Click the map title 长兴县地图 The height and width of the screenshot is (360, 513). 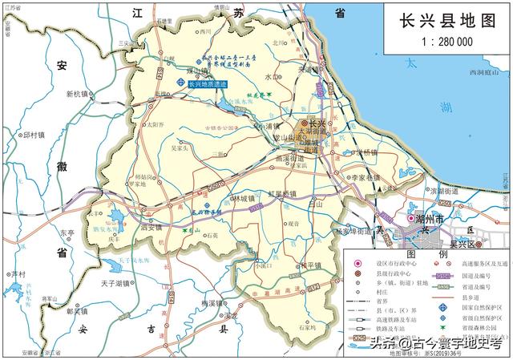442,20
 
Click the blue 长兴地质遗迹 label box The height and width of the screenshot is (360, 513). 207,83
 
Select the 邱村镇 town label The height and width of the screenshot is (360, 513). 36,136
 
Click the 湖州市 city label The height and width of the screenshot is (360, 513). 430,218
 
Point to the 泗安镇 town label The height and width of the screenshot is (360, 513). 152,228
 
